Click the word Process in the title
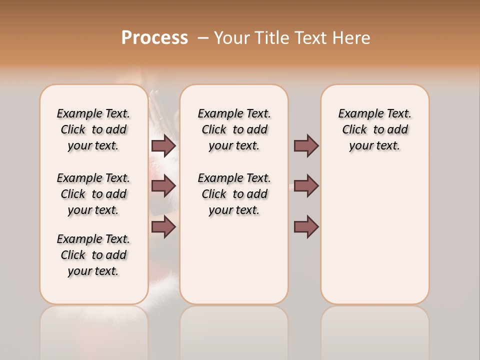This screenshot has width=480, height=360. [154, 38]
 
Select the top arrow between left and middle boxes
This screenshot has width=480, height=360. [163, 146]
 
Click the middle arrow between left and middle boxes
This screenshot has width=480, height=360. [163, 186]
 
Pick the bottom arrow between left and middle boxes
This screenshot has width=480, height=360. [163, 227]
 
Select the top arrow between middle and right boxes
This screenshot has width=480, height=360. [306, 146]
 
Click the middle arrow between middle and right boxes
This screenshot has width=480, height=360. [306, 186]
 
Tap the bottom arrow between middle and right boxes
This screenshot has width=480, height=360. [306, 227]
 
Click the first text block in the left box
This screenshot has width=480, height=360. [93, 129]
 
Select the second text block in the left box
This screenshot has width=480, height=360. [93, 194]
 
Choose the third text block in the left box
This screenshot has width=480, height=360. [93, 255]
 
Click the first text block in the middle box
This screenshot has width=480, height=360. [234, 129]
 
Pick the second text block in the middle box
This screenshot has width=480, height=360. [234, 194]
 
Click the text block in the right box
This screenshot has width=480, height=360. [374, 129]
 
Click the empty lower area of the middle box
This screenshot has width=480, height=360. [234, 260]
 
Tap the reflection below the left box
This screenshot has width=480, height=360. [93, 330]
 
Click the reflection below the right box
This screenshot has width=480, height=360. [374, 330]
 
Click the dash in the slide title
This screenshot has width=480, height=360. [203, 38]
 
